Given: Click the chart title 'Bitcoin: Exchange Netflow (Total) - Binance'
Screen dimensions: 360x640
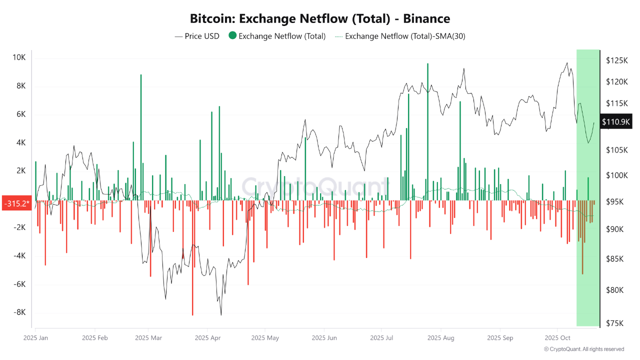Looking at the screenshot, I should point(320,19).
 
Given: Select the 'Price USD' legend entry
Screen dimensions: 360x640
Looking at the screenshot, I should point(197,36).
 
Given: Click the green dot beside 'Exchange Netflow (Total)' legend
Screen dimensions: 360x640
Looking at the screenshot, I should point(232,36).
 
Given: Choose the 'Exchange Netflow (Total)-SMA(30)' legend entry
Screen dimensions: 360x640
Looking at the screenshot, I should point(400,36).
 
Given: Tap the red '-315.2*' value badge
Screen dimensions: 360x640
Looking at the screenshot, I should point(16,203).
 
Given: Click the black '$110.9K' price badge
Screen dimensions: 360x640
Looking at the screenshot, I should point(616,121).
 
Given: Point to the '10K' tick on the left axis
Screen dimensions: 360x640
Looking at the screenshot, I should point(19,57).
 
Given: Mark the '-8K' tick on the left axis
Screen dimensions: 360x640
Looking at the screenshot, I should point(19,312).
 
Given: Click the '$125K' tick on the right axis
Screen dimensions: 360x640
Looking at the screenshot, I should point(616,60).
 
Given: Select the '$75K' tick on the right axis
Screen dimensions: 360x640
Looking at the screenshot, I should point(615,323).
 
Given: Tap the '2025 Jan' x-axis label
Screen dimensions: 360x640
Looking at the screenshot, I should point(36,338).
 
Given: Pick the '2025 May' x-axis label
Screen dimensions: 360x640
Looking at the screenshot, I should point(265,338).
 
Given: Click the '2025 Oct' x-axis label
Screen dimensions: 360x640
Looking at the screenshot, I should point(557,338).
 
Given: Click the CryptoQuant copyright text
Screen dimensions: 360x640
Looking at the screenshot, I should point(584,349).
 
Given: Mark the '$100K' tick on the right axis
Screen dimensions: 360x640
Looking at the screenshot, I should point(616,175).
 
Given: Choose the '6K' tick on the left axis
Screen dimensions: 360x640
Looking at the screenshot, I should point(19,114).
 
